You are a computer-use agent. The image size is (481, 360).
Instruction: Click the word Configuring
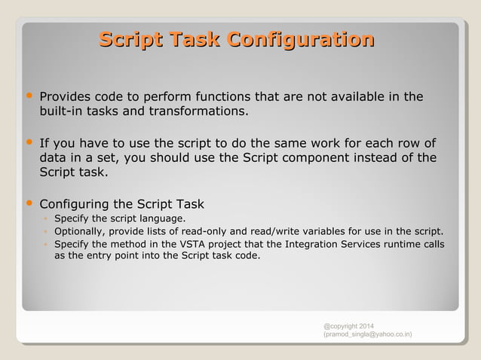[74, 204]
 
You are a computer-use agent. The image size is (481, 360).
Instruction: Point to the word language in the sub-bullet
[164, 218]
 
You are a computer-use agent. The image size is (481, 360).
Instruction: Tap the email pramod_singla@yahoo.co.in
[367, 334]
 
